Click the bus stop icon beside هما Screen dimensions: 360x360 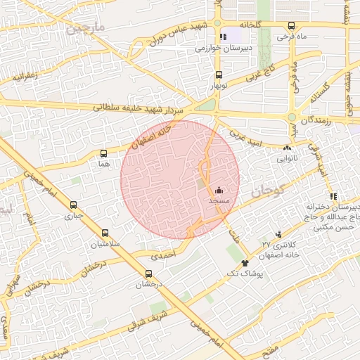point(104,153)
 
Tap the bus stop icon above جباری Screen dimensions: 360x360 point(74,205)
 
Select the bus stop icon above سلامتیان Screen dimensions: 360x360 point(105,233)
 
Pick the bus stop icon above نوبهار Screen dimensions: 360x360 point(219,75)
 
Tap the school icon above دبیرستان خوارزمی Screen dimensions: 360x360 point(223,37)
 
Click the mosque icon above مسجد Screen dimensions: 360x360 point(219,190)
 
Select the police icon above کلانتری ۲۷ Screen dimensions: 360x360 point(280,233)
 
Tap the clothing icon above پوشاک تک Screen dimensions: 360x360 point(245,262)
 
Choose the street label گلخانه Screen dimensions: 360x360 point(250,23)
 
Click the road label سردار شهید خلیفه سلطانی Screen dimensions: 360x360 point(149,108)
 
